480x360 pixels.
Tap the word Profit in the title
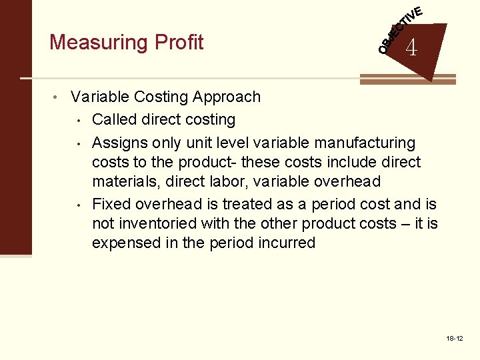[178, 42]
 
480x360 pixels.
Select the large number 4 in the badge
[411, 48]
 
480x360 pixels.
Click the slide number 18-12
[455, 339]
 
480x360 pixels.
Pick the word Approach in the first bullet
[227, 97]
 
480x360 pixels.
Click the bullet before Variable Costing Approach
[60, 97]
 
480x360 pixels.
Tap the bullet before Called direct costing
[79, 121]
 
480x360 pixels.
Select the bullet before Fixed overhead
[79, 205]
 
